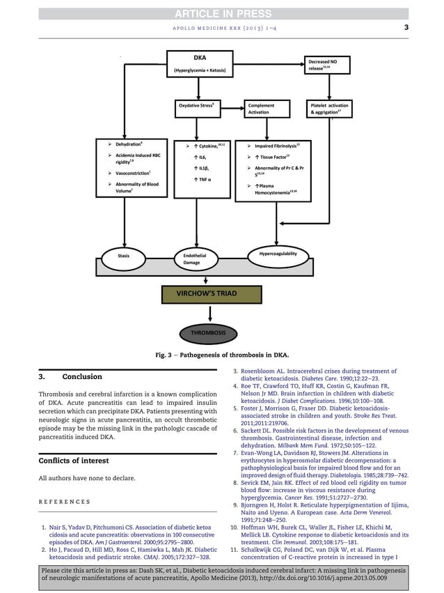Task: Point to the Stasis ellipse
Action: click(124, 256)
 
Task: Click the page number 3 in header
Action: click(406, 28)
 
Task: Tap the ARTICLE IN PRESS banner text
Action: click(222, 13)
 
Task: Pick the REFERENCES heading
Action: click(65, 502)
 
